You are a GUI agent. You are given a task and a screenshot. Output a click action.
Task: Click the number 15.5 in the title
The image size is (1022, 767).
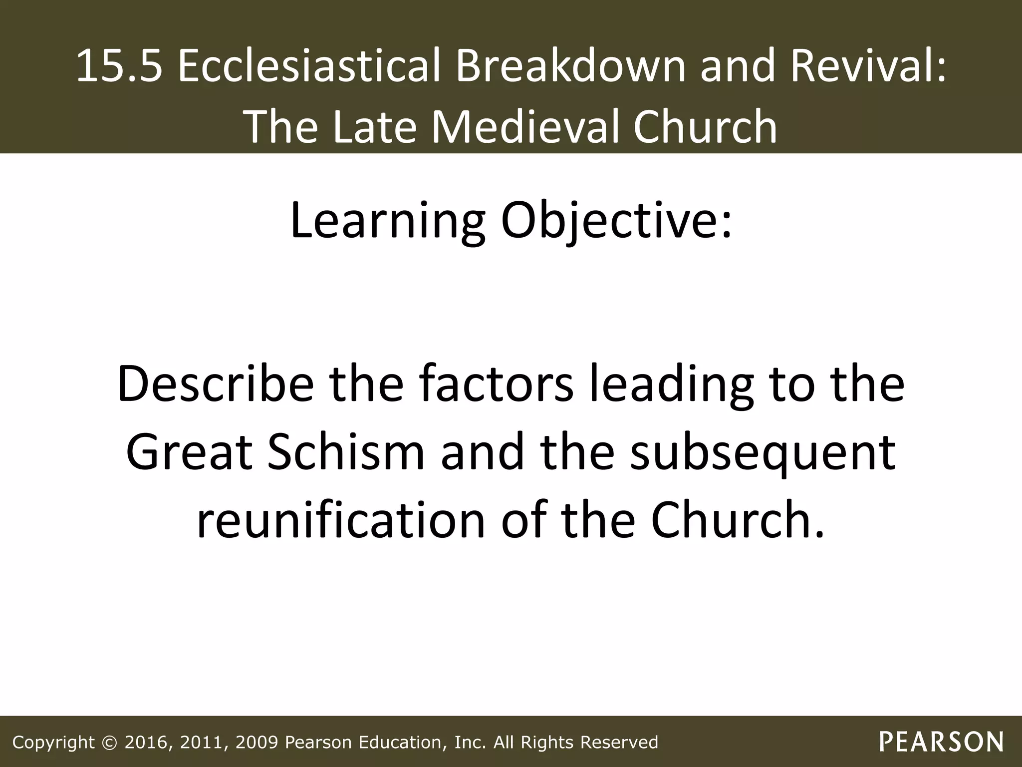point(119,66)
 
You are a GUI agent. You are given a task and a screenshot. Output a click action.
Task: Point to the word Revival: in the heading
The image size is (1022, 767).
point(868,66)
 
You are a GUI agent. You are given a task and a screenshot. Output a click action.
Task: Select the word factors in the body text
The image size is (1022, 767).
point(496,384)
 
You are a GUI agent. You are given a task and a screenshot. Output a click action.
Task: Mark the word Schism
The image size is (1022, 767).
point(345,452)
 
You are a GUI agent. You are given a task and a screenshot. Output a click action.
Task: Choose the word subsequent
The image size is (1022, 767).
point(763,452)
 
